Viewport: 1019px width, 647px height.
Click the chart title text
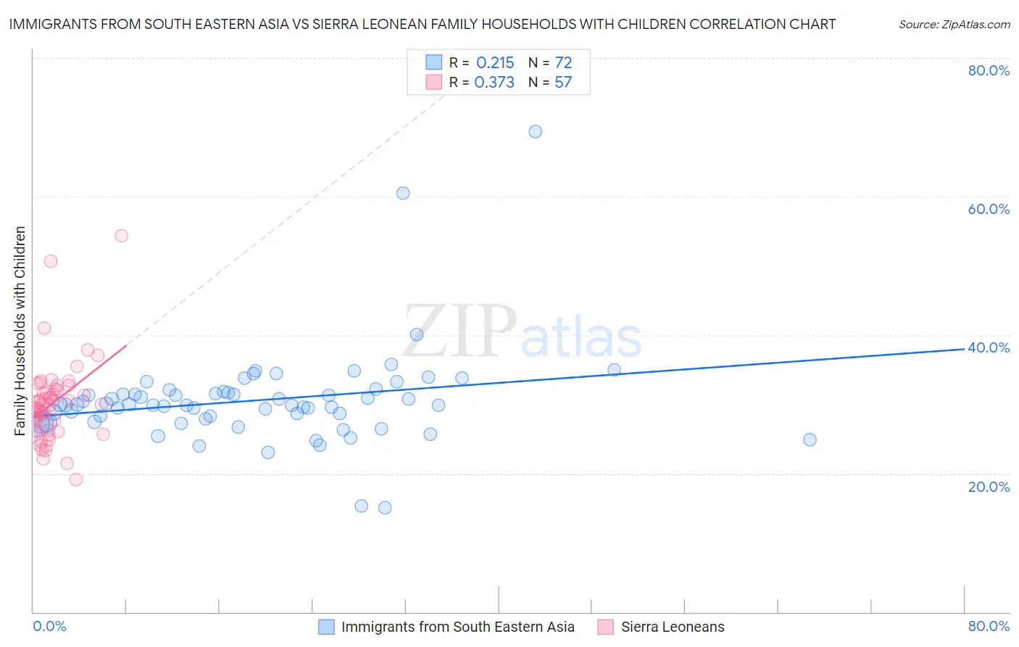point(422,24)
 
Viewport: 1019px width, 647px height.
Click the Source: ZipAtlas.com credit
point(954,24)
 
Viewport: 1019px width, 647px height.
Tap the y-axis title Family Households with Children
point(20,331)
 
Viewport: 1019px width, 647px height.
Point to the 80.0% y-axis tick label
point(989,70)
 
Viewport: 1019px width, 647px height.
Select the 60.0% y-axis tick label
point(989,209)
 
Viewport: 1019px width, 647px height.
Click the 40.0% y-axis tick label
point(989,347)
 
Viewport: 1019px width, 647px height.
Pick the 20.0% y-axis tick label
point(989,486)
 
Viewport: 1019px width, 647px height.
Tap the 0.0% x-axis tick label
point(49,626)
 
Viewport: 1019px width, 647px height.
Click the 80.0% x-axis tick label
point(989,626)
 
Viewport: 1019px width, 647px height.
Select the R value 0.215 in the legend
point(495,63)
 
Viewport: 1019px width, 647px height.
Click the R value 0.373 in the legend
point(494,83)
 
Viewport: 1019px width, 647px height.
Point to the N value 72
point(563,63)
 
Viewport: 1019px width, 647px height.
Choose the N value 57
point(563,83)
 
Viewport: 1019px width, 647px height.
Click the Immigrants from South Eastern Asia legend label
point(457,627)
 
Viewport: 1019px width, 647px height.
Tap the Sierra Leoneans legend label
point(673,627)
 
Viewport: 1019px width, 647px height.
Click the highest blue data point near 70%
point(535,131)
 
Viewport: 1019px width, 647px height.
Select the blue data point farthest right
point(810,440)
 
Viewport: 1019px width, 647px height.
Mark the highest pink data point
point(121,236)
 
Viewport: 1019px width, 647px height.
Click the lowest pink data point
point(75,479)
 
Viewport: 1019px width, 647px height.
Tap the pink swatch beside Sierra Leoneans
point(605,627)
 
